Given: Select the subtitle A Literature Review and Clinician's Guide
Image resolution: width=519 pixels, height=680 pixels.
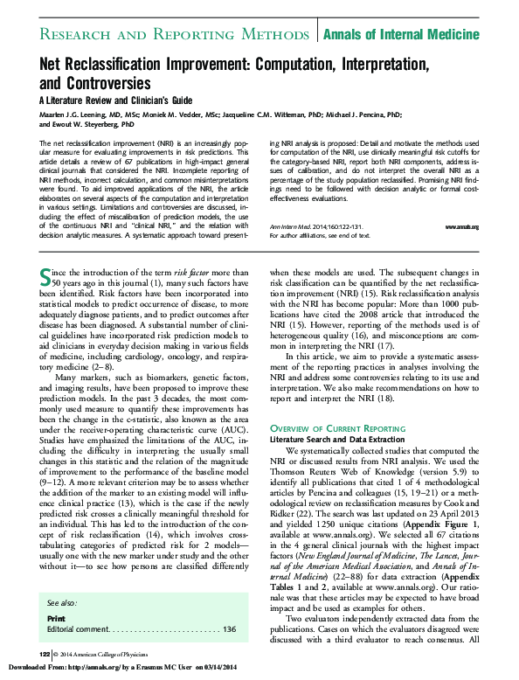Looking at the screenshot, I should [115, 99].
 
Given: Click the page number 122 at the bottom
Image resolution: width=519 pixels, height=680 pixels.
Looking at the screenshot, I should [45, 654].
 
